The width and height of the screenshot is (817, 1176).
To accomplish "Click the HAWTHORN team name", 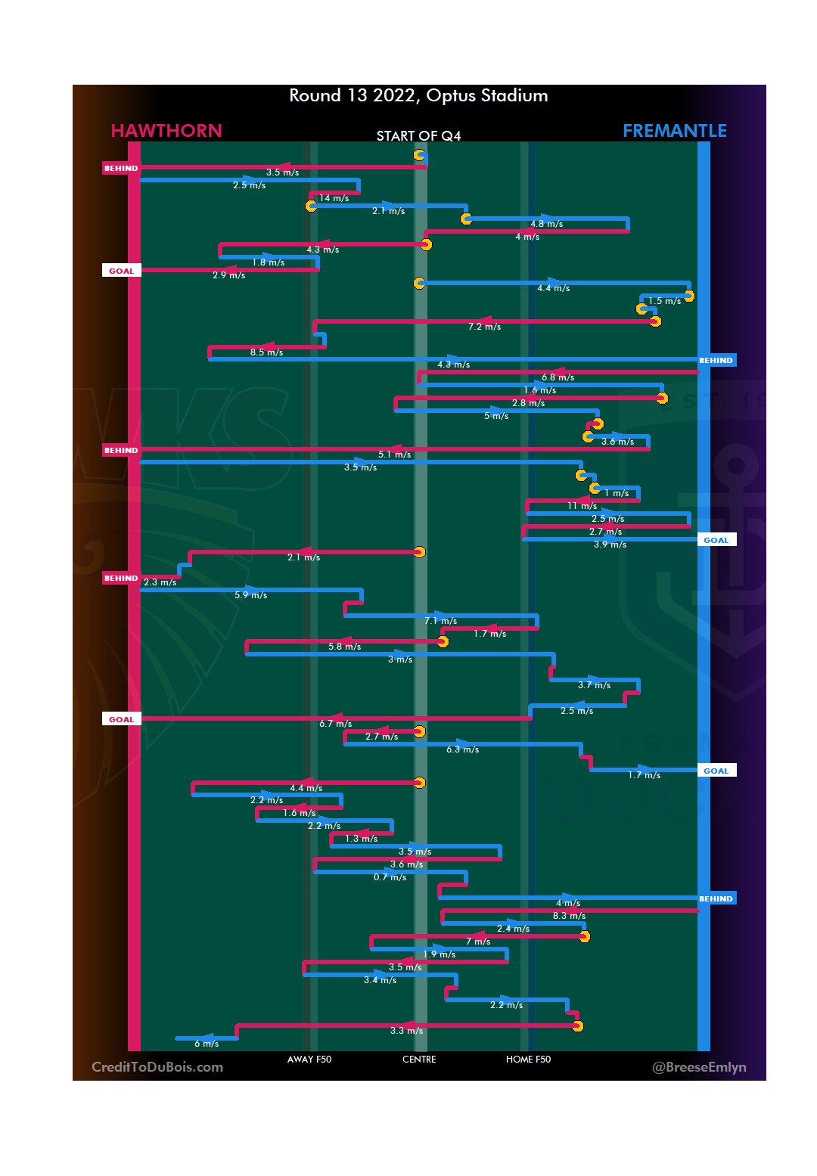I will click(166, 131).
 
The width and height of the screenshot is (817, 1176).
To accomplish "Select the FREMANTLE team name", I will click(674, 131).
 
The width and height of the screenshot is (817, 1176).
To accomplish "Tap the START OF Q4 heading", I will click(418, 136).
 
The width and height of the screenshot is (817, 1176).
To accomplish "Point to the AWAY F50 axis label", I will click(309, 1060).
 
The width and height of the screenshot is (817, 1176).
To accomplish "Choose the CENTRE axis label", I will click(419, 1060).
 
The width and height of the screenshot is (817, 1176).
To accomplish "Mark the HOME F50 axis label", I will click(528, 1060).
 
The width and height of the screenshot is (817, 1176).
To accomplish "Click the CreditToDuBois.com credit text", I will click(157, 1067).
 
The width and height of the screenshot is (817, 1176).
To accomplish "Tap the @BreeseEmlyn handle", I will click(699, 1067).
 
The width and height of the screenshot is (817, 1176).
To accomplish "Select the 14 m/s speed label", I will click(334, 198).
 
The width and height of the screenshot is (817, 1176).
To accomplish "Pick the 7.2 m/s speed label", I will click(484, 327).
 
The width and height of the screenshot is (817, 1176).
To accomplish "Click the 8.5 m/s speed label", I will click(266, 352).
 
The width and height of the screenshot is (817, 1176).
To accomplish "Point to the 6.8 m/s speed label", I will click(558, 377).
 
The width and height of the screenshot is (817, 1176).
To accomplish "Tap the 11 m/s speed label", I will click(582, 506).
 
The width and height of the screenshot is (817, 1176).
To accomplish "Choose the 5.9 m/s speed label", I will click(250, 595).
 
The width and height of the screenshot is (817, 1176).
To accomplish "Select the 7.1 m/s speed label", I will click(440, 621).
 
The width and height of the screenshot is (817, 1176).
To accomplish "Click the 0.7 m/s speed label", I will click(390, 877).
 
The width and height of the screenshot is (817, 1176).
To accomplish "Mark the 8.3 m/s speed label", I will click(569, 916).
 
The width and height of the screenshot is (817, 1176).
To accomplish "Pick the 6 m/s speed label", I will click(207, 1044).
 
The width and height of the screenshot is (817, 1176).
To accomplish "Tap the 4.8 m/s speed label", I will click(546, 224).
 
